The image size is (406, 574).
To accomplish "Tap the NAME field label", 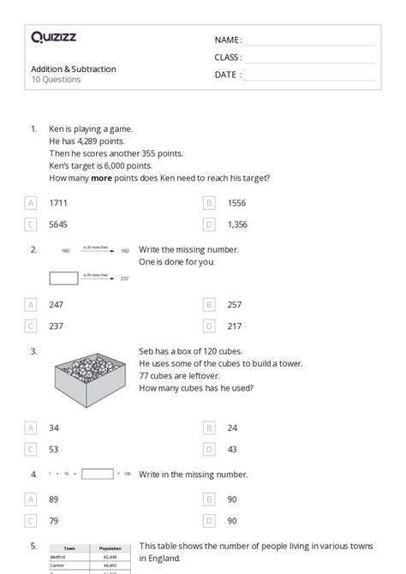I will click(227, 40).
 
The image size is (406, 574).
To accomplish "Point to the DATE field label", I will click(227, 75).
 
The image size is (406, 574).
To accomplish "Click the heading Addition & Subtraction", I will click(73, 69).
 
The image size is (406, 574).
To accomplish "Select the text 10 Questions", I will click(56, 80).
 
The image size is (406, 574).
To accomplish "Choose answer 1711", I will click(58, 203).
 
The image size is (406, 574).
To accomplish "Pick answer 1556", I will click(237, 203).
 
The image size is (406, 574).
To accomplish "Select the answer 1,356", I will click(239, 224).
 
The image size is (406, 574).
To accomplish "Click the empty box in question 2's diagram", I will click(65, 278).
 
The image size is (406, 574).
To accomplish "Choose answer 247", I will click(56, 304).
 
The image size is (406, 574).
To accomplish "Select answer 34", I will click(54, 428).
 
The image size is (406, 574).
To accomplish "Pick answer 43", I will click(233, 449).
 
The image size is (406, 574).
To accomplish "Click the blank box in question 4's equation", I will click(97, 474).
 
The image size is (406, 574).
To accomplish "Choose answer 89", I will click(54, 499).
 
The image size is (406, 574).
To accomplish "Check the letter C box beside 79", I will click(31, 520).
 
